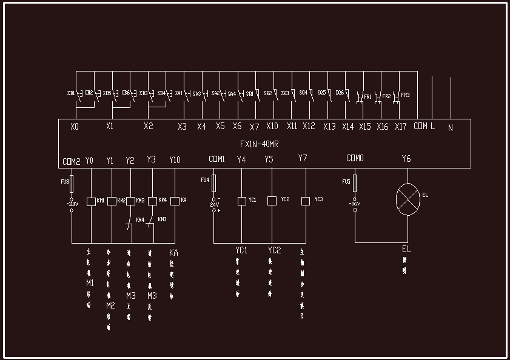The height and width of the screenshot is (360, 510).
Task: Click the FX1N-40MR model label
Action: (x=255, y=144)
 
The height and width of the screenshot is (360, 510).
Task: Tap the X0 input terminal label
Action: (x=75, y=127)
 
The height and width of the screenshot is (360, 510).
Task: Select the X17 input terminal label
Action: (x=400, y=127)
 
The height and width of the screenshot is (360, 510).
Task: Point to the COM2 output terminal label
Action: (x=71, y=161)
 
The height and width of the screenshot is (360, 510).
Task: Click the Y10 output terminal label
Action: (x=175, y=161)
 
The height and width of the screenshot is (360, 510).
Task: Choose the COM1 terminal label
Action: (x=216, y=159)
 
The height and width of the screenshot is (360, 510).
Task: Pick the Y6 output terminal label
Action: (x=406, y=159)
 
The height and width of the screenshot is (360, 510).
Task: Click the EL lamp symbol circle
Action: (x=407, y=198)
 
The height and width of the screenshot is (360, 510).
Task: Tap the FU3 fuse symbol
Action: (x=72, y=184)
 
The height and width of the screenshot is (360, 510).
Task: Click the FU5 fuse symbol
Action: (x=355, y=183)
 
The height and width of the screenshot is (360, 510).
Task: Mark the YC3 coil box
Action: (x=306, y=201)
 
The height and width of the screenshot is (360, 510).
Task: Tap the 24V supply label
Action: (x=214, y=204)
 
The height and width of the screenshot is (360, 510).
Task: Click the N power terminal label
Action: (x=450, y=128)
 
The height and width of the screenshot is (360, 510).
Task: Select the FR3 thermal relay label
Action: (x=404, y=95)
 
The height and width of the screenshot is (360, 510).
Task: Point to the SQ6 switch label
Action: (x=340, y=93)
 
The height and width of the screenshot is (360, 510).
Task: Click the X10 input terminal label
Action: (x=272, y=127)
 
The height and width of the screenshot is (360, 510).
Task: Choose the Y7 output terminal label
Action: (x=303, y=159)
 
